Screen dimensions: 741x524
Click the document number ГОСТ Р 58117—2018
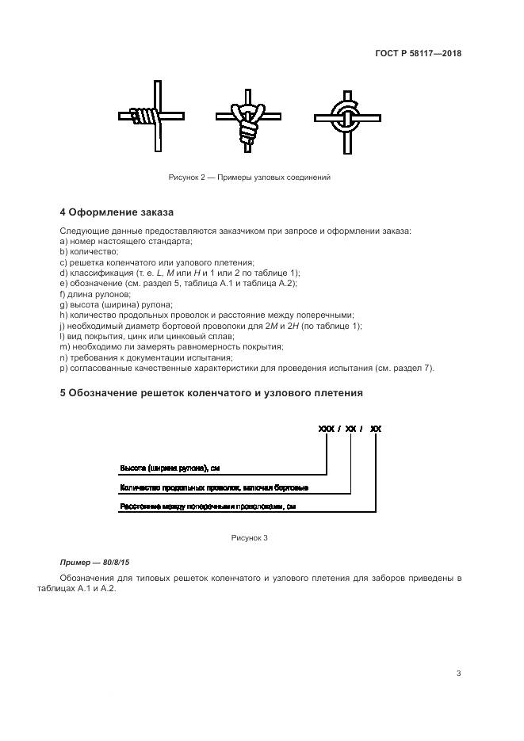click(x=418, y=54)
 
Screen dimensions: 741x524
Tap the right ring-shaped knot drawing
click(x=346, y=118)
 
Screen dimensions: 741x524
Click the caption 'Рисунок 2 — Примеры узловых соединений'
click(x=249, y=177)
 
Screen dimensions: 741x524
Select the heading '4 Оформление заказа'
click(x=117, y=212)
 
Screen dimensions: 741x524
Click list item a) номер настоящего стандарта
click(x=126, y=240)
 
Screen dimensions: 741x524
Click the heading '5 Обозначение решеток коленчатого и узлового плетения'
click(x=212, y=392)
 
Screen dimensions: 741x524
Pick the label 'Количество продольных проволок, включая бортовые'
click(x=214, y=487)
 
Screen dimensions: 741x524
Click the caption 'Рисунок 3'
click(x=249, y=537)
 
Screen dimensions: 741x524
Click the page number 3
click(x=458, y=674)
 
